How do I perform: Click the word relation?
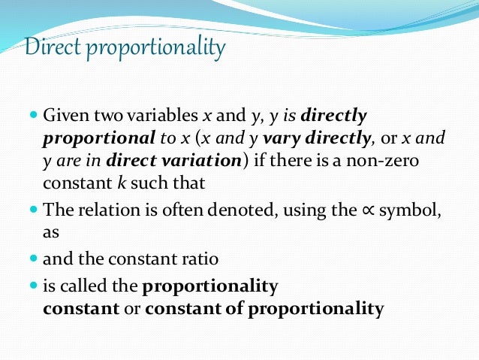pyautogui.click(x=97, y=211)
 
